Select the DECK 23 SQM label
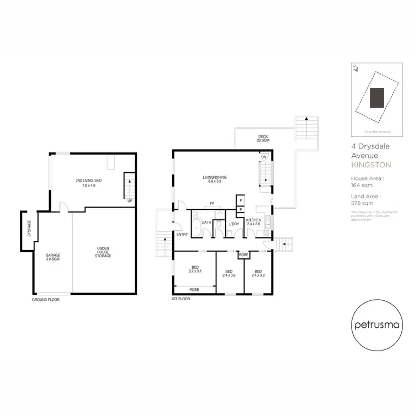[263, 139]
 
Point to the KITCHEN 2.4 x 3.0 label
[254, 222]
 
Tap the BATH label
[207, 222]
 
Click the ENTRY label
[182, 235]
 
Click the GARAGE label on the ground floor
[52, 257]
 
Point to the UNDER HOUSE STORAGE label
[103, 253]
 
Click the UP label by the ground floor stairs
[130, 200]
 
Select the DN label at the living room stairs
[264, 157]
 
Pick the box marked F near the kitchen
[241, 200]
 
